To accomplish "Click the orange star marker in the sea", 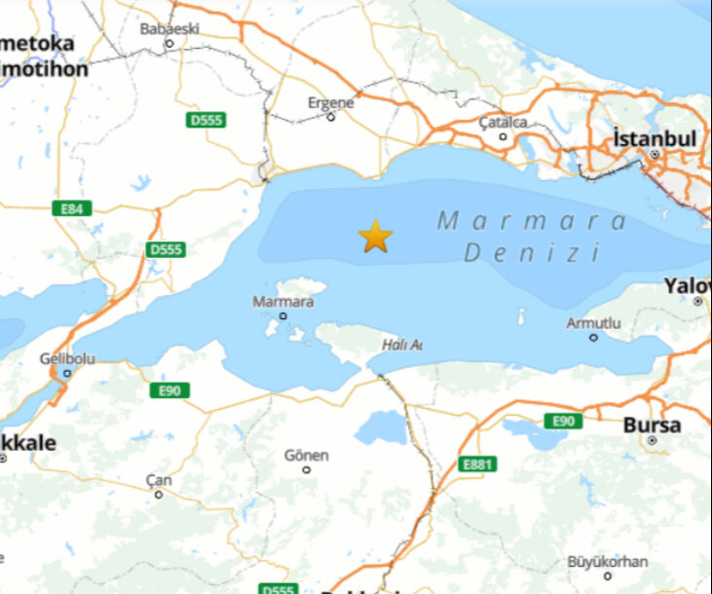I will pyautogui.click(x=375, y=236).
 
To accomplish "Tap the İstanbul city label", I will pyautogui.click(x=655, y=138).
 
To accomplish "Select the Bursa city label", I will pyautogui.click(x=652, y=426).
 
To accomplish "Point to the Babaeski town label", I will pyautogui.click(x=169, y=28).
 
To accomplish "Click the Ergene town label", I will pyautogui.click(x=330, y=102).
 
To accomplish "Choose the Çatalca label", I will pyautogui.click(x=503, y=123).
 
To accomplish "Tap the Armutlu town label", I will pyautogui.click(x=593, y=323).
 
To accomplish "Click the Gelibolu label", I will pyautogui.click(x=67, y=359).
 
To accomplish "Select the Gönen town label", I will pyautogui.click(x=307, y=455).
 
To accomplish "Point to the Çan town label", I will pyautogui.click(x=158, y=480).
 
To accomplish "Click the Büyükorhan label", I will pyautogui.click(x=608, y=561).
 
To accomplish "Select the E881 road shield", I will pyautogui.click(x=477, y=464).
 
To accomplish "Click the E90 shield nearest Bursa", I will pyautogui.click(x=562, y=421).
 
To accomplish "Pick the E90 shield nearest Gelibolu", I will pyautogui.click(x=169, y=390).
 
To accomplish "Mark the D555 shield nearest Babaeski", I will pyautogui.click(x=206, y=120).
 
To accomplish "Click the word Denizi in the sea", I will pyautogui.click(x=531, y=253).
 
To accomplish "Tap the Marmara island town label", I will pyautogui.click(x=282, y=302).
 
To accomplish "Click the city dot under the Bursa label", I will pyautogui.click(x=652, y=440).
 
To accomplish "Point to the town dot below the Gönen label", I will pyautogui.click(x=307, y=469).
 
